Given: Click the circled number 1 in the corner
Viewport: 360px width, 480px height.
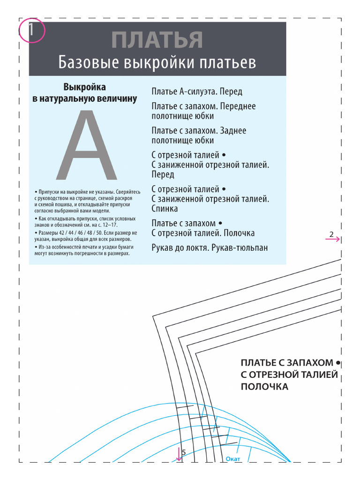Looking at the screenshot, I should point(31,30).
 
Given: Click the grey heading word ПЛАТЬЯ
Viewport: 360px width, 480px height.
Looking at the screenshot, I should point(157,40).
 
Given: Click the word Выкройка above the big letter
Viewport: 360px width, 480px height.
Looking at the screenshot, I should point(85,87).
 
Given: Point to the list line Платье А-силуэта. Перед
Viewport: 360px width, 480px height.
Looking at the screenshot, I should point(197,91).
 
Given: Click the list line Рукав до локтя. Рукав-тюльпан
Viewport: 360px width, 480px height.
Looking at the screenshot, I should point(210,247).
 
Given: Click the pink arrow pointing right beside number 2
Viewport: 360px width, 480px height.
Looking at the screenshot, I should point(333,239).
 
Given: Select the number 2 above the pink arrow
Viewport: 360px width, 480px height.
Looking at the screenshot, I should point(331,234).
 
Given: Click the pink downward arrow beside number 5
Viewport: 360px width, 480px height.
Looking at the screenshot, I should point(179,454).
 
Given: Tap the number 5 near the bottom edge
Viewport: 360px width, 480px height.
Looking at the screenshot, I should point(184,452).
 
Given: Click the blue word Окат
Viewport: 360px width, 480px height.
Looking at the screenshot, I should point(233,459).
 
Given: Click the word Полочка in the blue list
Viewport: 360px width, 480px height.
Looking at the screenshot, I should point(239,233).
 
